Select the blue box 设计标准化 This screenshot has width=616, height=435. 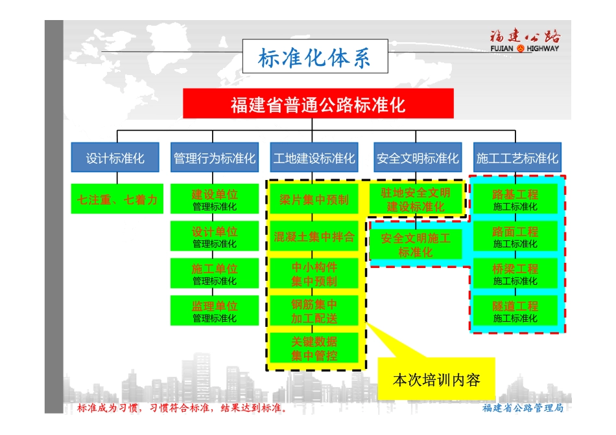pyautogui.click(x=115, y=158)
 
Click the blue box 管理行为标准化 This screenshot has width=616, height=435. pyautogui.click(x=215, y=158)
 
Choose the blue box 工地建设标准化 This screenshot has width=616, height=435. pyautogui.click(x=314, y=158)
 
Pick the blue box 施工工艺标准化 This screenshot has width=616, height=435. pyautogui.click(x=516, y=158)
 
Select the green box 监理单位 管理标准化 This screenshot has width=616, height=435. pyautogui.click(x=215, y=311)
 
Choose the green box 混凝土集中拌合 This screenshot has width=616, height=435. pyautogui.click(x=314, y=237)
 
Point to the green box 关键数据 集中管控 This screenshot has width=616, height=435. pyautogui.click(x=314, y=348)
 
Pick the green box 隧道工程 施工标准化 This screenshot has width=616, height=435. pyautogui.click(x=515, y=311)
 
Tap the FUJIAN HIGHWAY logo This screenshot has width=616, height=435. pyautogui.click(x=525, y=41)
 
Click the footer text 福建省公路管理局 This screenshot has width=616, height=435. pyautogui.click(x=523, y=408)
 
